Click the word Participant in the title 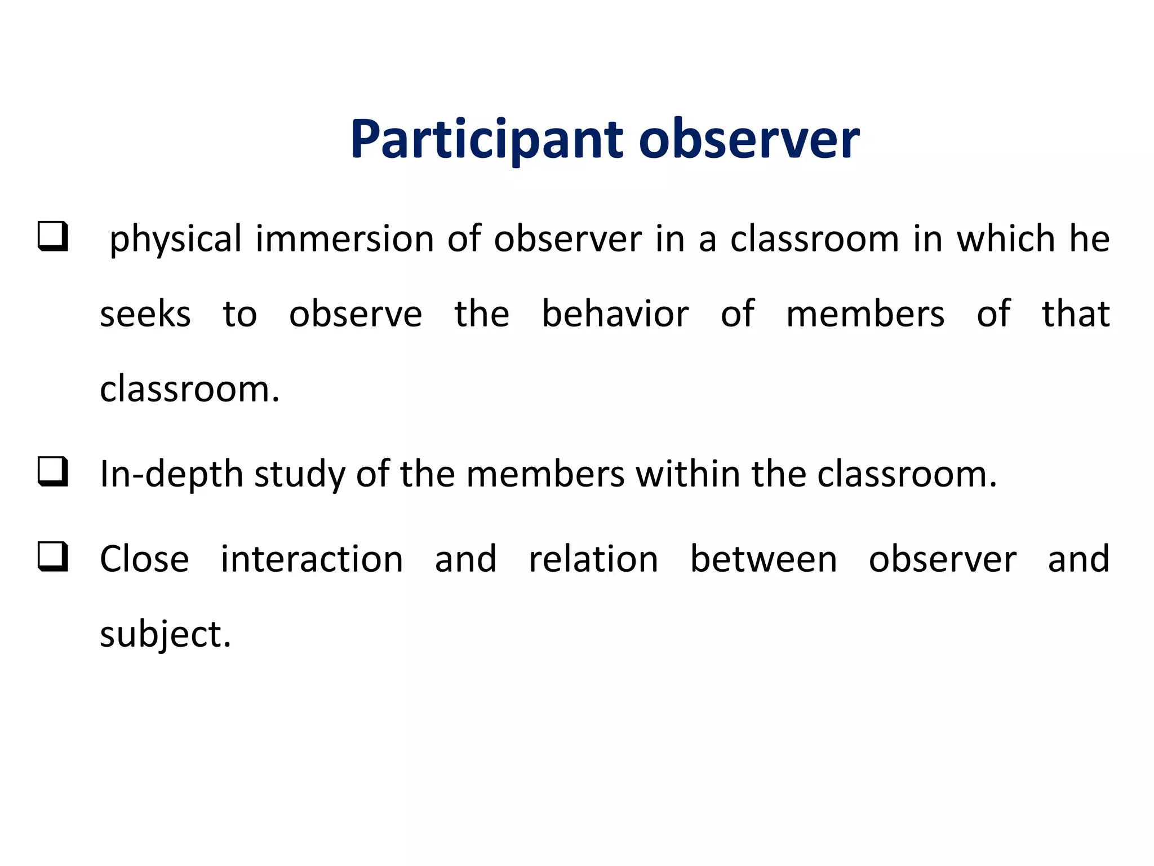click(x=486, y=140)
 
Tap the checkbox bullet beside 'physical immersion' click(x=53, y=236)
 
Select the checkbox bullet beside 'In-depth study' click(x=53, y=471)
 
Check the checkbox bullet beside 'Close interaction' click(x=53, y=556)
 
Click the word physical click(x=175, y=239)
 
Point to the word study click(x=299, y=474)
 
